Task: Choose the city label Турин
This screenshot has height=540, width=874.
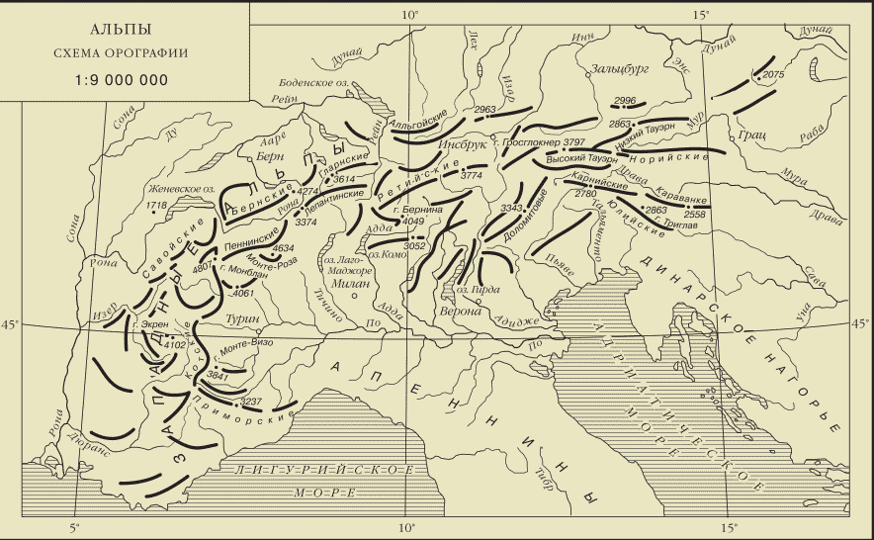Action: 242,319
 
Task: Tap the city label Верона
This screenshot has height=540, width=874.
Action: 459,310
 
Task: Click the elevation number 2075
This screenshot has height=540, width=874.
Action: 773,74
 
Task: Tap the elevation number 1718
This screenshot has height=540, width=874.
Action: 155,205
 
